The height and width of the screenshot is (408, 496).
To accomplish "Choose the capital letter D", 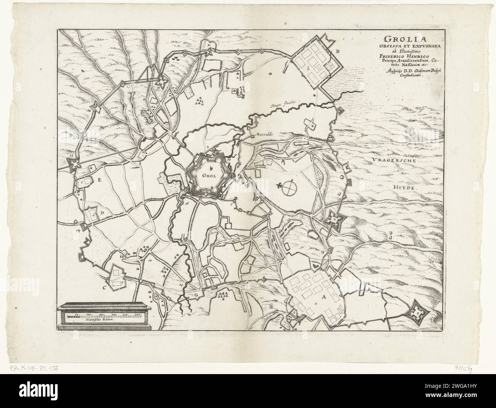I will pos(103,212).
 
